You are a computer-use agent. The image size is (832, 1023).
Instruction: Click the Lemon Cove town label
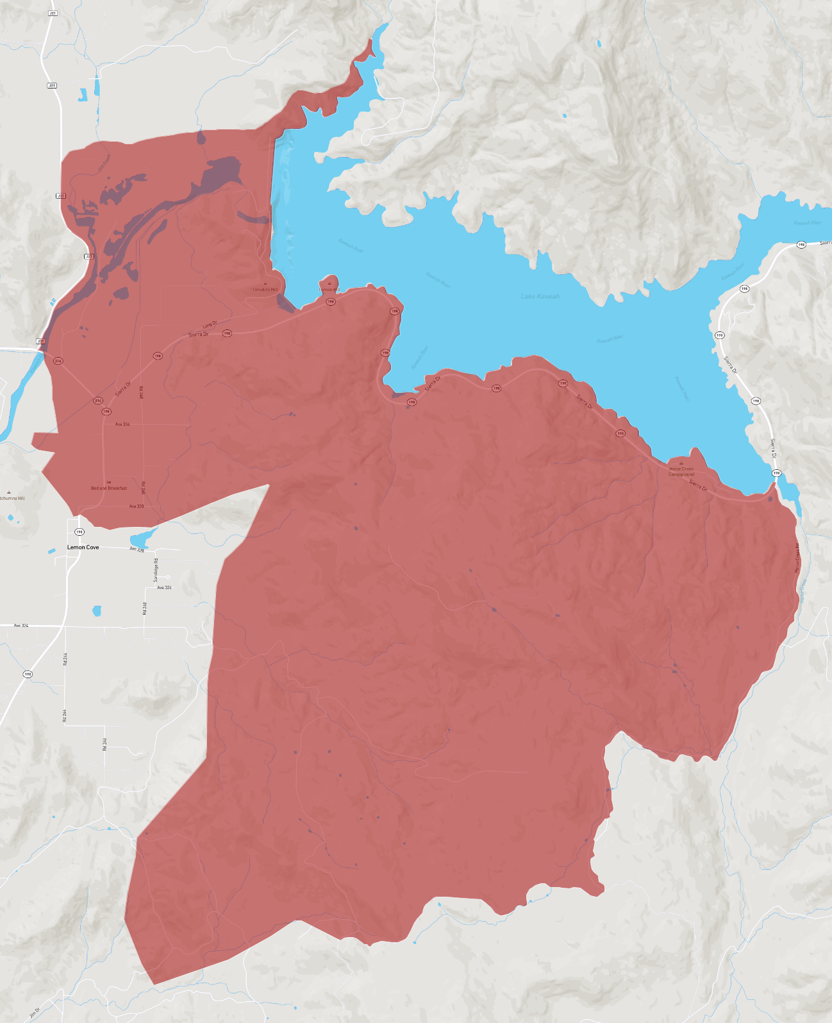(83, 547)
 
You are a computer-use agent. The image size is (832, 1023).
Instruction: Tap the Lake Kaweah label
(540, 296)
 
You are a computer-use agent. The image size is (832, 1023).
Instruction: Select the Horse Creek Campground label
(681, 472)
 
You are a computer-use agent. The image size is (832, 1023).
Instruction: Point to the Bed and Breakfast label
(109, 488)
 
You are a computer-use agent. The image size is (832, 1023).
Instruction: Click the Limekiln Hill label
(265, 290)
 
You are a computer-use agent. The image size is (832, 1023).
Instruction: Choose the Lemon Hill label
(329, 290)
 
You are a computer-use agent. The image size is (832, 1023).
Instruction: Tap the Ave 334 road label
(122, 424)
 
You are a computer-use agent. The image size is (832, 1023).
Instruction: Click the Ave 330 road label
(137, 506)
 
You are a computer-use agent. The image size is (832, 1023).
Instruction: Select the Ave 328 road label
(137, 549)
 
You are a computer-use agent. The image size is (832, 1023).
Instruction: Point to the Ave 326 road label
(164, 587)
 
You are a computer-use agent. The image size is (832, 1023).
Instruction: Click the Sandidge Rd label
(156, 570)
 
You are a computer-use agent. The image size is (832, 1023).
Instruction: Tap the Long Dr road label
(210, 324)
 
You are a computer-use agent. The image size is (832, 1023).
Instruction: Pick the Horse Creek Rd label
(797, 558)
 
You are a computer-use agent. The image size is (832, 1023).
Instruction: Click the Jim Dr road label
(35, 1012)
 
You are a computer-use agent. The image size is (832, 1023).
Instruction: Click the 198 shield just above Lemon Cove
(79, 532)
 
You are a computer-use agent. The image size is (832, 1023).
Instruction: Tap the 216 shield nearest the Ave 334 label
(98, 401)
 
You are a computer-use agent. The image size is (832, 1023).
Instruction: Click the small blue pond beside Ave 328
(142, 537)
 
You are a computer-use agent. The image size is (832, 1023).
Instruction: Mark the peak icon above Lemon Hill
(329, 283)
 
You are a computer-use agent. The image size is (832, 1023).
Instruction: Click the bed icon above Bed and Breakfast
(109, 482)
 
